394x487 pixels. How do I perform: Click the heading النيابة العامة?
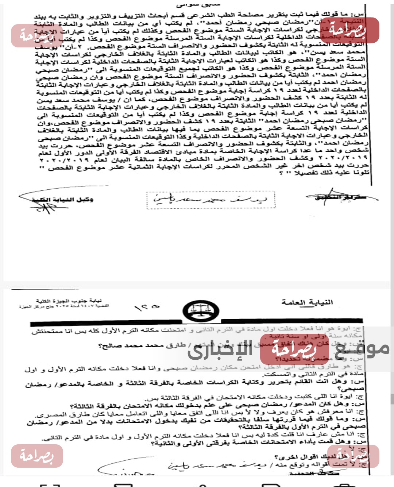point(307,302)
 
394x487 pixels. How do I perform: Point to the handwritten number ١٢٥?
point(147,308)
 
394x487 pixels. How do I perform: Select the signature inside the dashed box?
point(210,200)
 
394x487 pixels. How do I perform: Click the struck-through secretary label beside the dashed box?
point(341,197)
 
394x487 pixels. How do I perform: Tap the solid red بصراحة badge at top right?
point(349,30)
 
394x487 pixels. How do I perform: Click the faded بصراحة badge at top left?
point(36,36)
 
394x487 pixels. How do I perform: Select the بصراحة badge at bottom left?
point(37,456)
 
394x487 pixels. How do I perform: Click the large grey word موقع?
point(362,348)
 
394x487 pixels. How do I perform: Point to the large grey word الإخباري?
point(220,349)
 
